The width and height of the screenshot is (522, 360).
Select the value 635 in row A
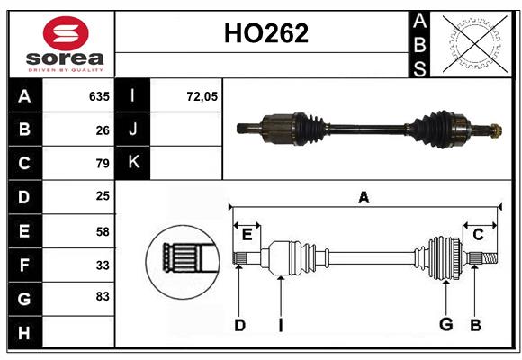(x=98, y=95)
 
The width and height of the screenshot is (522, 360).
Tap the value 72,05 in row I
(x=202, y=95)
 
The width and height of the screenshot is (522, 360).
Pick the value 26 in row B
(x=102, y=130)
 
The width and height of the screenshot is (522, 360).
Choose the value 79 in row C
(x=102, y=163)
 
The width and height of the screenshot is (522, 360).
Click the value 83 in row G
(x=102, y=296)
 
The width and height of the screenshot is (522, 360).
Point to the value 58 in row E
(x=102, y=230)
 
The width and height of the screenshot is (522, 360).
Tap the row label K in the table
(x=133, y=163)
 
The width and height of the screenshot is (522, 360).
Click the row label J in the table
(x=133, y=130)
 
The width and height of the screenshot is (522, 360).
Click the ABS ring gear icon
(x=473, y=43)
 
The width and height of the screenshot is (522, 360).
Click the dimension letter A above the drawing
(x=364, y=197)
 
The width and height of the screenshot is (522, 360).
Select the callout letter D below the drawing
(x=239, y=325)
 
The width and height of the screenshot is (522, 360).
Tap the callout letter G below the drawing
(x=445, y=325)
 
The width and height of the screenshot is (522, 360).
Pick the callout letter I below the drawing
(x=280, y=325)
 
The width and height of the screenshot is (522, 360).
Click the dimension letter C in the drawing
(x=479, y=235)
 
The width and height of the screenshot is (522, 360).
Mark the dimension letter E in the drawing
(x=247, y=235)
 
